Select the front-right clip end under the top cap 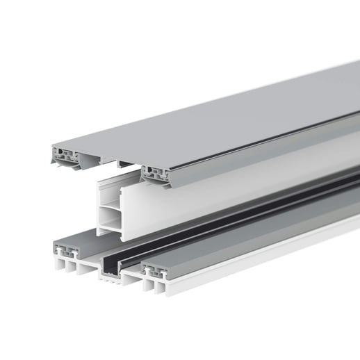click(x=156, y=175)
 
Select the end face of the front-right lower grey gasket click(x=156, y=272)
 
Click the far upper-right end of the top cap click(x=351, y=69)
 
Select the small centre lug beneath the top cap click(x=122, y=165)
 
